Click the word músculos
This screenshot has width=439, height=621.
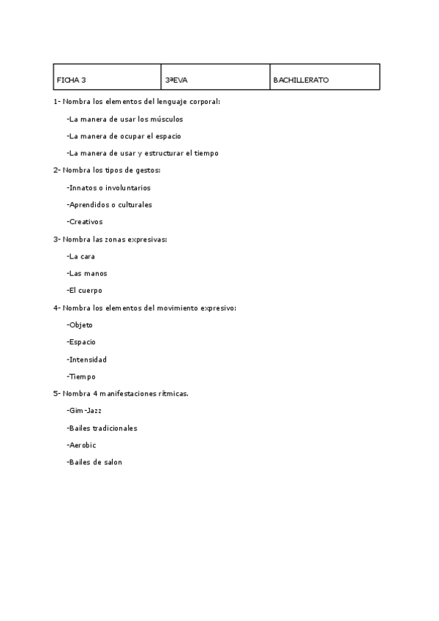166,119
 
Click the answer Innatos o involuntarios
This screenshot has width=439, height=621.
108,187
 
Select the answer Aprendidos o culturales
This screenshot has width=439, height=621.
109,204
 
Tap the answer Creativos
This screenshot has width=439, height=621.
84,222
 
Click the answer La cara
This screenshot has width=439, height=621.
80,256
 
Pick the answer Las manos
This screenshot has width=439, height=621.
86,273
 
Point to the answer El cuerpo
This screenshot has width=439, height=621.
84,291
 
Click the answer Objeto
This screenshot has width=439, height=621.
80,325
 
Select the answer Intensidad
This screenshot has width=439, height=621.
86,360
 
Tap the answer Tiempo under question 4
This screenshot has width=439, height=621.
81,376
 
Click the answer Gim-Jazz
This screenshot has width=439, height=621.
84,411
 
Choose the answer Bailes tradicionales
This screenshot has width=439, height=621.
102,428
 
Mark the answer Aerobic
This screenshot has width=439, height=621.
81,445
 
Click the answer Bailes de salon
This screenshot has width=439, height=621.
94,463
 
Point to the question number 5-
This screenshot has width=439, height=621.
56,394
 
